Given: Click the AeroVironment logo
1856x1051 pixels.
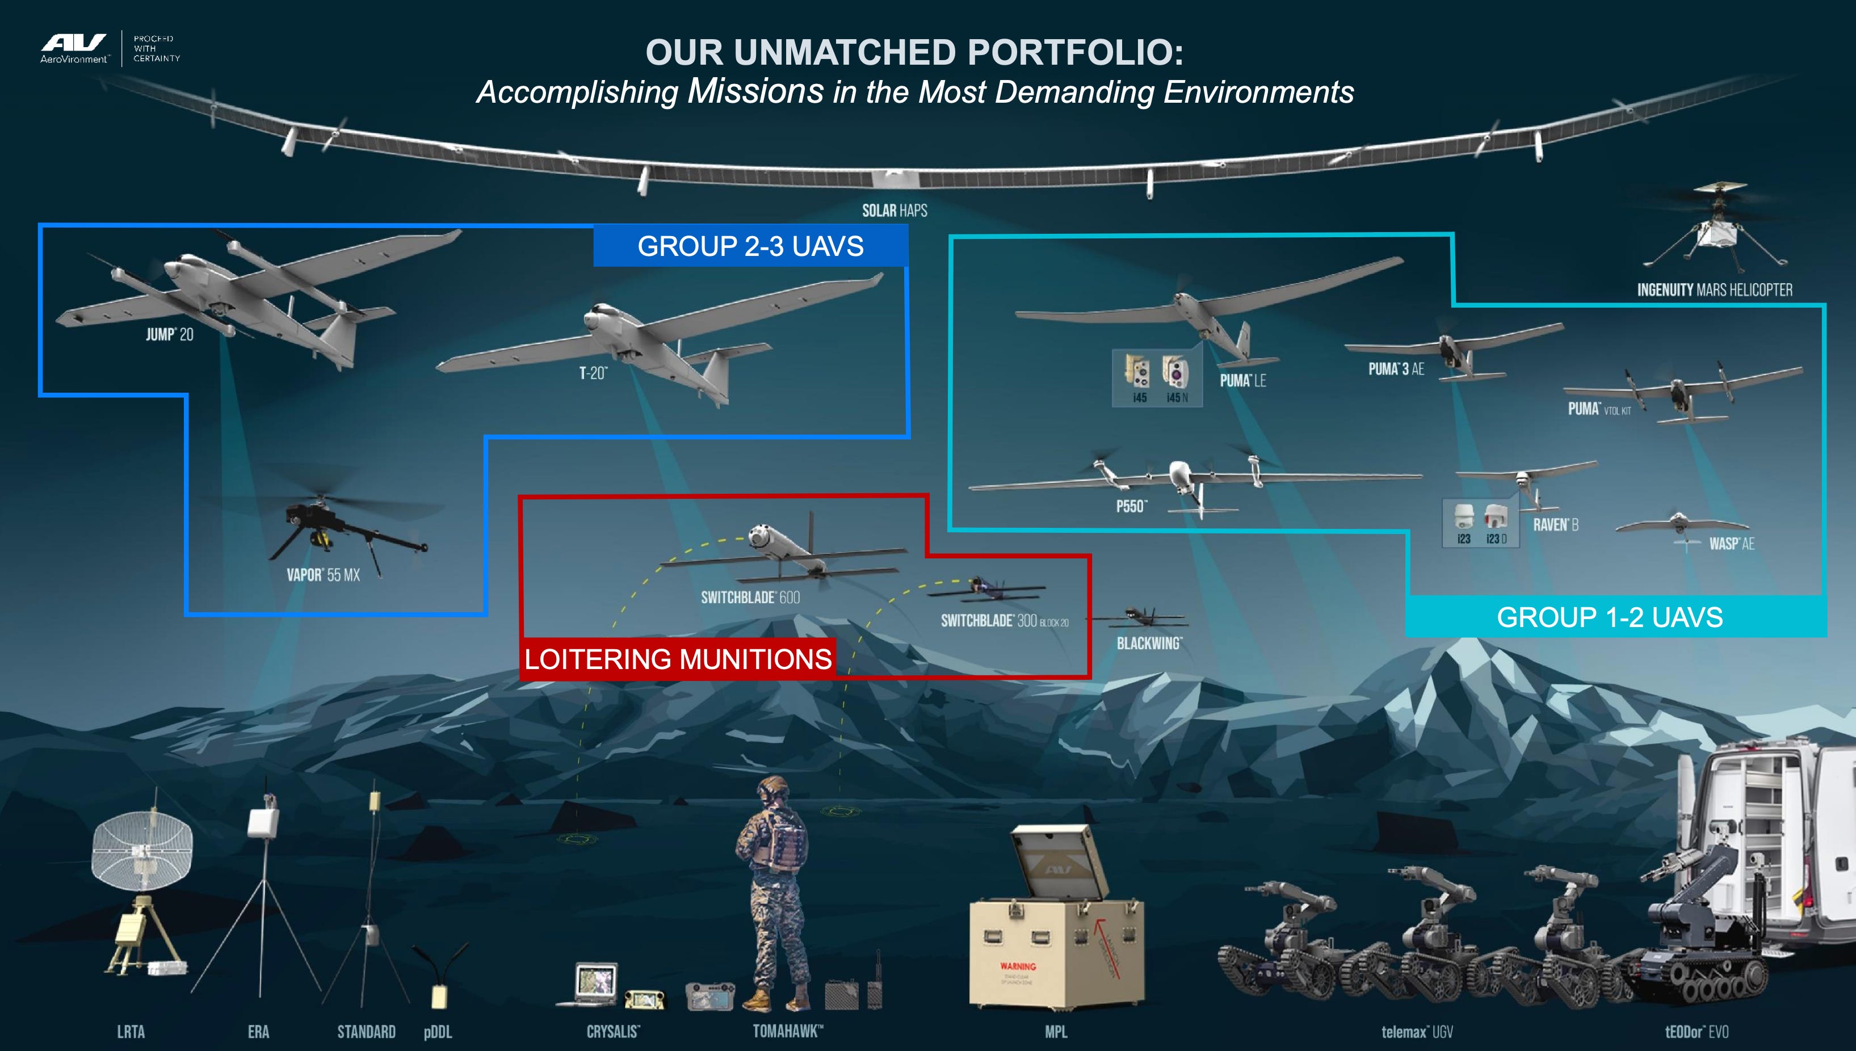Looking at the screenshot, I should point(74,48).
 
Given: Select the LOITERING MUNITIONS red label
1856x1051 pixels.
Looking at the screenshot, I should point(678,659).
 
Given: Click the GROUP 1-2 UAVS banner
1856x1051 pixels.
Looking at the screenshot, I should point(1609,617).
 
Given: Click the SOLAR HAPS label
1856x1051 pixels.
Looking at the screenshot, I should point(895,211).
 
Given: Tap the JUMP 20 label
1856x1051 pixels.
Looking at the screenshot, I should point(170,334).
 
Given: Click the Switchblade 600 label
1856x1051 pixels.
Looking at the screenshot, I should point(750,598).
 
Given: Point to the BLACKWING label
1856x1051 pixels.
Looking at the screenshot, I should point(1149,643).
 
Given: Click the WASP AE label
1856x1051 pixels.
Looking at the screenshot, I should point(1731,544).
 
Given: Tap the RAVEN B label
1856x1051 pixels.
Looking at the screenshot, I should point(1556,525).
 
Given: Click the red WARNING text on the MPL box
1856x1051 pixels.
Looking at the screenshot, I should point(1018,966).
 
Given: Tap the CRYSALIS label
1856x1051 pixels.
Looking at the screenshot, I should point(613,1032).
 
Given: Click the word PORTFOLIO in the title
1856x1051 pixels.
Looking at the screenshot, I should point(1076,52).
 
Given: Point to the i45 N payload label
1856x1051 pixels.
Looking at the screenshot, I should point(1177,398).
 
